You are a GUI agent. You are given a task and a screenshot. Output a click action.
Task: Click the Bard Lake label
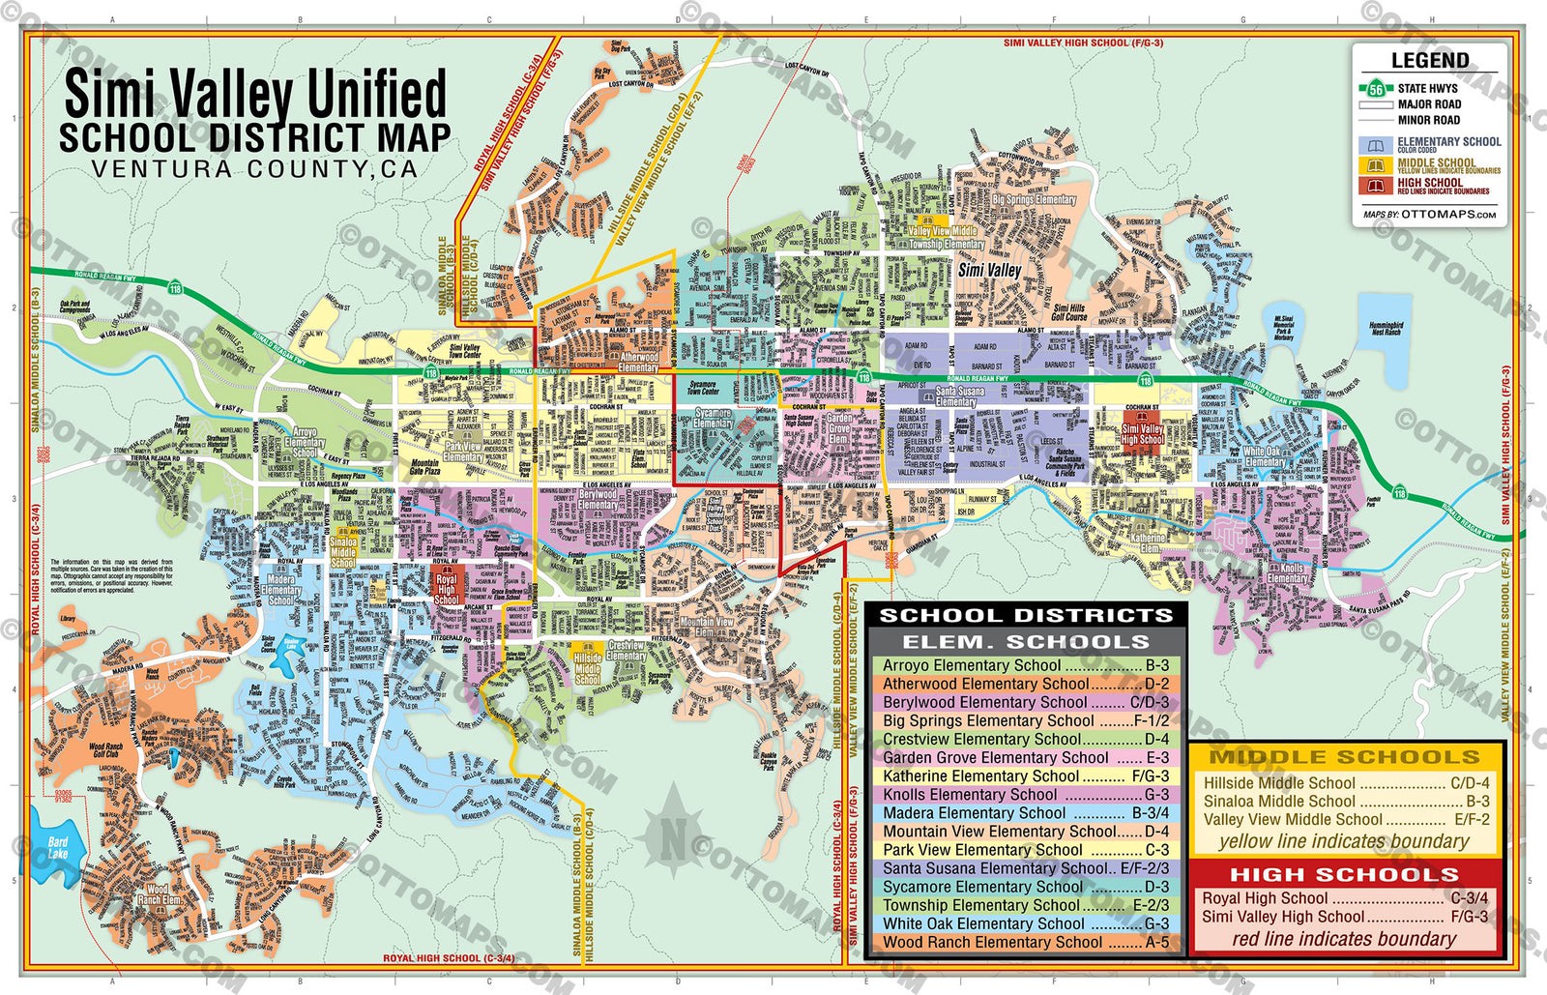click(x=58, y=848)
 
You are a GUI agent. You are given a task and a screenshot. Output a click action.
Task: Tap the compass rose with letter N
click(x=674, y=836)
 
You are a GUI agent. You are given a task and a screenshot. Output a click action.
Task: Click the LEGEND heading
click(x=1429, y=61)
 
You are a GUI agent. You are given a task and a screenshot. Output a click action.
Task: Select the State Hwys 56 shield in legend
click(x=1375, y=89)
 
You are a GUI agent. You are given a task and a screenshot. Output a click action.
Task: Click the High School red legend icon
click(x=1375, y=185)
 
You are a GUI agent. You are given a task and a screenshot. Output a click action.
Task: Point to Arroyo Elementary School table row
click(x=1025, y=665)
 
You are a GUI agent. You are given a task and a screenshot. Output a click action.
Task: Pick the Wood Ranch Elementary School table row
click(x=1025, y=942)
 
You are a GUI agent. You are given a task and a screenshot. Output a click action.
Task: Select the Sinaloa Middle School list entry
click(x=1345, y=801)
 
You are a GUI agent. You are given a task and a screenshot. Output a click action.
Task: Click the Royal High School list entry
click(x=1345, y=898)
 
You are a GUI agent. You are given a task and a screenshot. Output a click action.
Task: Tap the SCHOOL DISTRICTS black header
click(x=1025, y=615)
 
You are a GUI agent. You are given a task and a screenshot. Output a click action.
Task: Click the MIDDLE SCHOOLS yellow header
click(x=1345, y=757)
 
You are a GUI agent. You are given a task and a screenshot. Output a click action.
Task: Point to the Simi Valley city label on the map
click(x=989, y=271)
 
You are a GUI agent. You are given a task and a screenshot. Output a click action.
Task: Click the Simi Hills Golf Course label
click(x=1069, y=312)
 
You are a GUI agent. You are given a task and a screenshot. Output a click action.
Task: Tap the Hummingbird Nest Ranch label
click(x=1386, y=329)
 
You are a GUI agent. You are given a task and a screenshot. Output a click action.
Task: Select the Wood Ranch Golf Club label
click(x=105, y=750)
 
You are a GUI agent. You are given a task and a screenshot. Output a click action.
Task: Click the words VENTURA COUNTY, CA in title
click(x=254, y=169)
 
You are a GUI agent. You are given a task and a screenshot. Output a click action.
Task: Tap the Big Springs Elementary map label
click(x=1034, y=200)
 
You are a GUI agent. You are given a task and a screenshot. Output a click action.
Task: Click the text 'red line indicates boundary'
click(x=1344, y=939)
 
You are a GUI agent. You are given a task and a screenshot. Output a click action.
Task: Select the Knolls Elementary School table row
click(x=1025, y=795)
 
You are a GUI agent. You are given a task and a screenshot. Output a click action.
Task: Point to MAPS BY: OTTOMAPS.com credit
click(x=1429, y=215)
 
